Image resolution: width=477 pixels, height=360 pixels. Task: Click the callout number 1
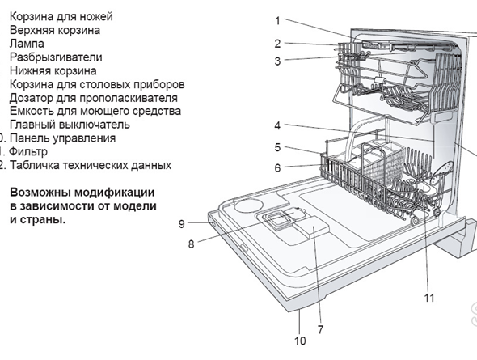[276, 21]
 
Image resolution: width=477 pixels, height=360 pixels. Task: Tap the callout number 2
[276, 44]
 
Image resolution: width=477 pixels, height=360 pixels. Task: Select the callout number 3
[276, 61]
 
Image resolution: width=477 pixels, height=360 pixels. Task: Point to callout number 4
[276, 125]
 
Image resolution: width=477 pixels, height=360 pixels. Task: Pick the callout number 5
[276, 147]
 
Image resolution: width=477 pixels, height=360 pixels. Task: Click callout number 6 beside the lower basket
[276, 168]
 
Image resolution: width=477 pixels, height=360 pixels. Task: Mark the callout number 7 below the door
[320, 329]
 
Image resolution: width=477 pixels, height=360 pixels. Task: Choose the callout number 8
[192, 243]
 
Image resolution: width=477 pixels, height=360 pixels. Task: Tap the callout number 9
[182, 223]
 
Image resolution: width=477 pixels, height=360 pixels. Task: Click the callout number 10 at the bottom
[300, 341]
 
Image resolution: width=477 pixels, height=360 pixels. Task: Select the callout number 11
[428, 298]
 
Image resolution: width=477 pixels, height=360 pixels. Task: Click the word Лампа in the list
[27, 43]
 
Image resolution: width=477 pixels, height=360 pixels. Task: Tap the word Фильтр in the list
[29, 151]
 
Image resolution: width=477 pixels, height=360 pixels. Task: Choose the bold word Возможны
[41, 193]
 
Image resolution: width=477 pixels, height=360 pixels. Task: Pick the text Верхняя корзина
[55, 30]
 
